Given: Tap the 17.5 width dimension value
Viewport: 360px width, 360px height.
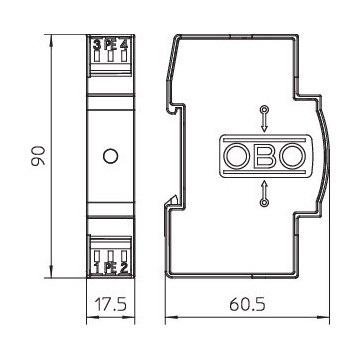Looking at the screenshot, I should click(109, 302).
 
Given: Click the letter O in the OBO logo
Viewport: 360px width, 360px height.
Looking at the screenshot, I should click(237, 156).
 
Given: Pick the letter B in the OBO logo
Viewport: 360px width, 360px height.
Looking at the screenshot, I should click(263, 156).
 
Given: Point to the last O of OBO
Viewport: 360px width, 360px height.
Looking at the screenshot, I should click(289, 156).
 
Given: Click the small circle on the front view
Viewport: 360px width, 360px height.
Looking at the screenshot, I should click(110, 156).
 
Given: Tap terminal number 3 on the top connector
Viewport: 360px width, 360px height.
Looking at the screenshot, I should click(96, 43).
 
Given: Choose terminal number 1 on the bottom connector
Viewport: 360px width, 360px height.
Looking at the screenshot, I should click(96, 267).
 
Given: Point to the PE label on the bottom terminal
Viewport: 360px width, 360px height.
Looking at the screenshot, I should click(109, 267).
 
